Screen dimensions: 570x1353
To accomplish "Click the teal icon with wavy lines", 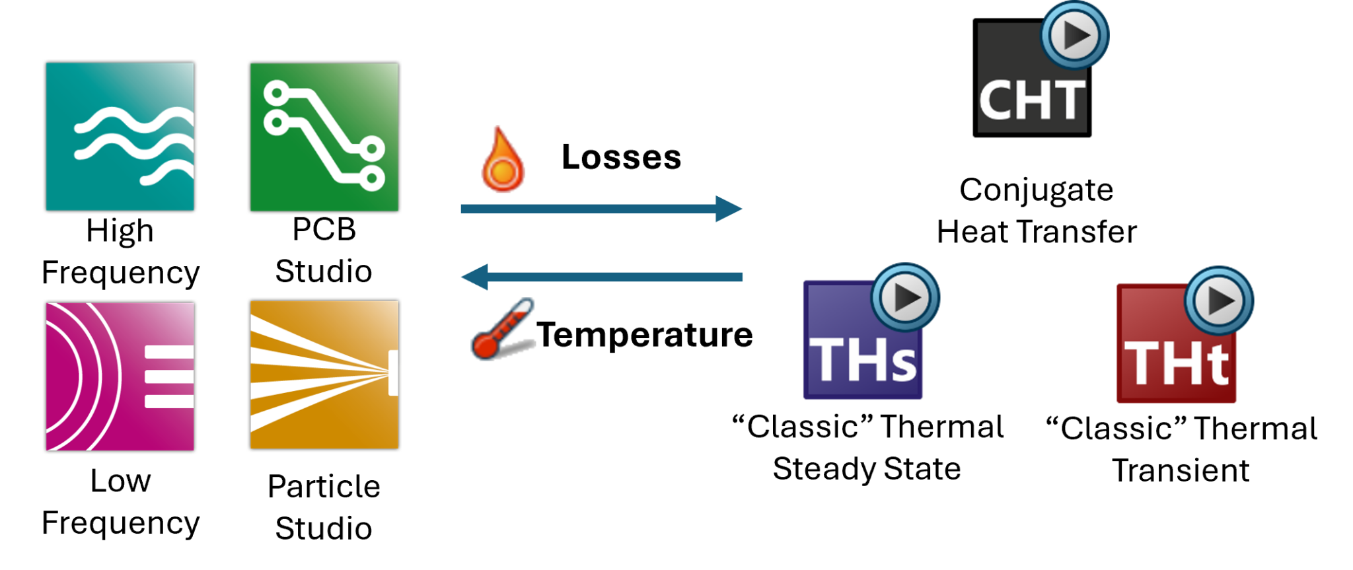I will pyautogui.click(x=120, y=137).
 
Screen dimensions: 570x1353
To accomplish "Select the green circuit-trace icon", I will pyautogui.click(x=324, y=137).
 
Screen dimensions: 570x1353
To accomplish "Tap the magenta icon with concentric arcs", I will pyautogui.click(x=120, y=376).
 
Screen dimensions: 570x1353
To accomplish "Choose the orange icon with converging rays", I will pyautogui.click(x=324, y=374).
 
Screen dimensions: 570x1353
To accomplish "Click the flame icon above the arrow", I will pyautogui.click(x=503, y=159).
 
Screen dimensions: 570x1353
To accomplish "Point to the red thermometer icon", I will pyautogui.click(x=503, y=329).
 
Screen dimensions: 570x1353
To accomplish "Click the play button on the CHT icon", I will pyautogui.click(x=1075, y=36).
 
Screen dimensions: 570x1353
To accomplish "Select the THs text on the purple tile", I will pyautogui.click(x=863, y=361).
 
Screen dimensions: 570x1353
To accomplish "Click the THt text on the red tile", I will pyautogui.click(x=1176, y=364).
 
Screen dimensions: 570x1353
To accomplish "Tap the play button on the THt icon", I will pyautogui.click(x=1219, y=301).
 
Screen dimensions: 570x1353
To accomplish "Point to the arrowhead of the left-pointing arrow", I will pyautogui.click(x=475, y=277).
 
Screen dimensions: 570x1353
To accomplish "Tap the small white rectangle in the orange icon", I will pyautogui.click(x=393, y=373).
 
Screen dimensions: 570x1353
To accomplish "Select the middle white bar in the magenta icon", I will pyautogui.click(x=169, y=377).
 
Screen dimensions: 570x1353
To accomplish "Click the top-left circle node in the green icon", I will pyautogui.click(x=277, y=93).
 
